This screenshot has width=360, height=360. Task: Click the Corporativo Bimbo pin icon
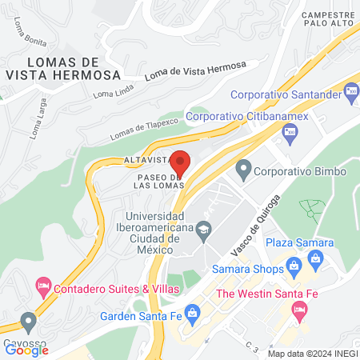242,170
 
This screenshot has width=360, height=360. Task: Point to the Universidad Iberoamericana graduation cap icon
204,230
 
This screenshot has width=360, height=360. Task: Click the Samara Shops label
246,271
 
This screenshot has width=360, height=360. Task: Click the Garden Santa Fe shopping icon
191,312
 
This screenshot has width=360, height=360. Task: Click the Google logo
26,350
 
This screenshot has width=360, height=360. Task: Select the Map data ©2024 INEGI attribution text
311,353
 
